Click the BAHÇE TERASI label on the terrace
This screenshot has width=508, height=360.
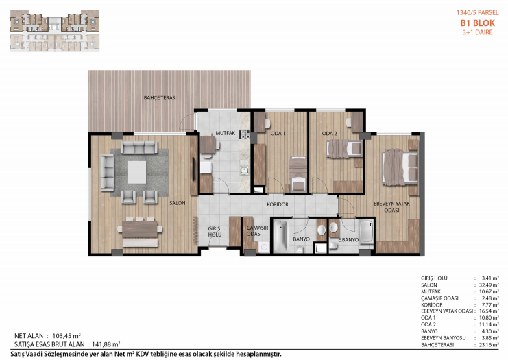pos(160,97)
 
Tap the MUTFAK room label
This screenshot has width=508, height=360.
pos(226,133)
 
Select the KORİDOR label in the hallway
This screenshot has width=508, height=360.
pos(278,204)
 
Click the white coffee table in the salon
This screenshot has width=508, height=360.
pos(136,172)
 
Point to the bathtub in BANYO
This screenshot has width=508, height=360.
pos(280,236)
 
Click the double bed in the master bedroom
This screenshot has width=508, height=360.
pos(400,167)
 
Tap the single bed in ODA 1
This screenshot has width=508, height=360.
pos(298,173)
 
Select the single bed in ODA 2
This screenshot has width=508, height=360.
pos(344,148)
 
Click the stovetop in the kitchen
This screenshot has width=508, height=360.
pos(245,134)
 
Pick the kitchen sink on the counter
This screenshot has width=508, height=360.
pos(244,171)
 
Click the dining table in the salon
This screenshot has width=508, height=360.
pos(140,229)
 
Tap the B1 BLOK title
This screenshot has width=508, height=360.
pos(478,23)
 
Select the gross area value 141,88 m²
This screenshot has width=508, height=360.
pos(106,344)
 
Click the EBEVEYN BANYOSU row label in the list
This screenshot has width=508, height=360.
pos(443,338)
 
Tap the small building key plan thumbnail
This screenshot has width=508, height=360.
pos(55,31)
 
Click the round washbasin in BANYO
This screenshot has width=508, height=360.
pos(322,230)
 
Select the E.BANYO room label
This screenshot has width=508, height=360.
pos(348,240)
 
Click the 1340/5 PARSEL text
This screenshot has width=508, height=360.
pos(478,12)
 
